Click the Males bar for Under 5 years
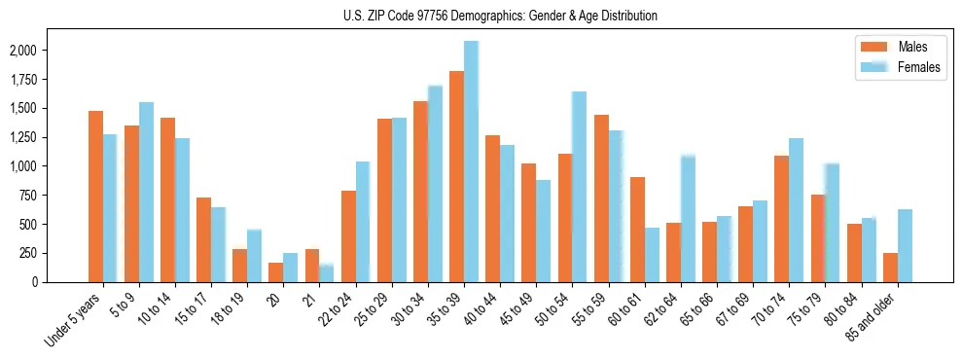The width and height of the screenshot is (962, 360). (x=95, y=197)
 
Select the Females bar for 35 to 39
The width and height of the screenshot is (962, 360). (x=471, y=162)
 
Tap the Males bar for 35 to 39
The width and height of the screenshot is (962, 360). (x=456, y=176)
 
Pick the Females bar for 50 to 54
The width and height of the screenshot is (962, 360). (x=579, y=187)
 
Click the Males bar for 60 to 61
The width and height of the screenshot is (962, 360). (x=637, y=230)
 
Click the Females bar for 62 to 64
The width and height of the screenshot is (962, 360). (x=688, y=219)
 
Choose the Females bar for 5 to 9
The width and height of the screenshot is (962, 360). (x=146, y=192)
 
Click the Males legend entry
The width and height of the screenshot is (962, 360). (x=899, y=47)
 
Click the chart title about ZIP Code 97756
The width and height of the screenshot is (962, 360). (x=500, y=16)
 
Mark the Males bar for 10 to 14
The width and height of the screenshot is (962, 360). (x=168, y=199)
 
